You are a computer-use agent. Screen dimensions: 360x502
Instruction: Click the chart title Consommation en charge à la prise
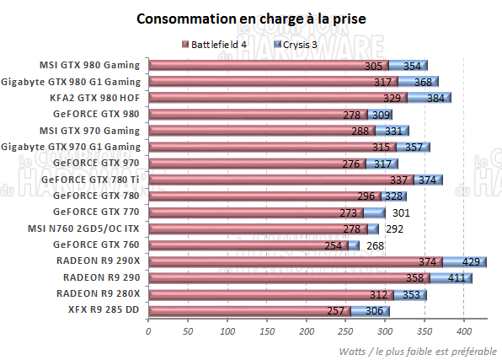251,18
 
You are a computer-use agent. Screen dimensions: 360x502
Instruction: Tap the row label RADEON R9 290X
99,261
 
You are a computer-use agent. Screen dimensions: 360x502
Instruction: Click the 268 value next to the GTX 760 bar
374,245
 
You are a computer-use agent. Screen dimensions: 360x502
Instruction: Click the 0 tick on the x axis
148,330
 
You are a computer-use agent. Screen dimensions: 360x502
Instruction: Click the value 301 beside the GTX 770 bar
400,212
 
